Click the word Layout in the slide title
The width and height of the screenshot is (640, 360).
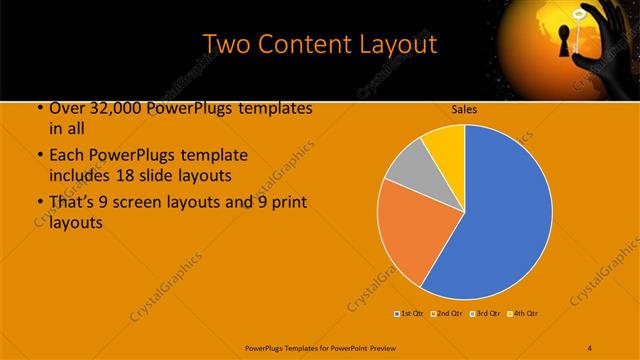(399, 45)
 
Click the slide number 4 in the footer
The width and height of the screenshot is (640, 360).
(590, 346)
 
